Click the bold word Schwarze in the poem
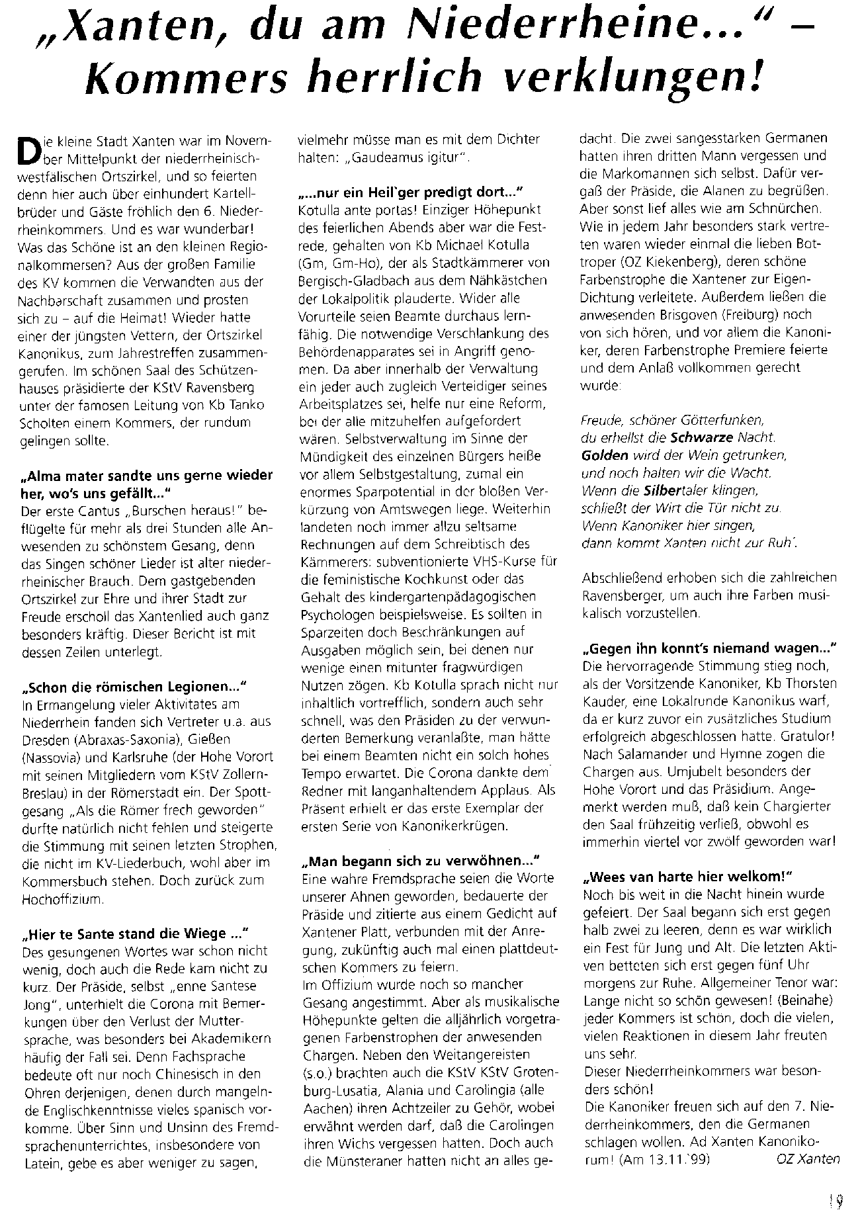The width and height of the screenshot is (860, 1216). coord(700,437)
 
